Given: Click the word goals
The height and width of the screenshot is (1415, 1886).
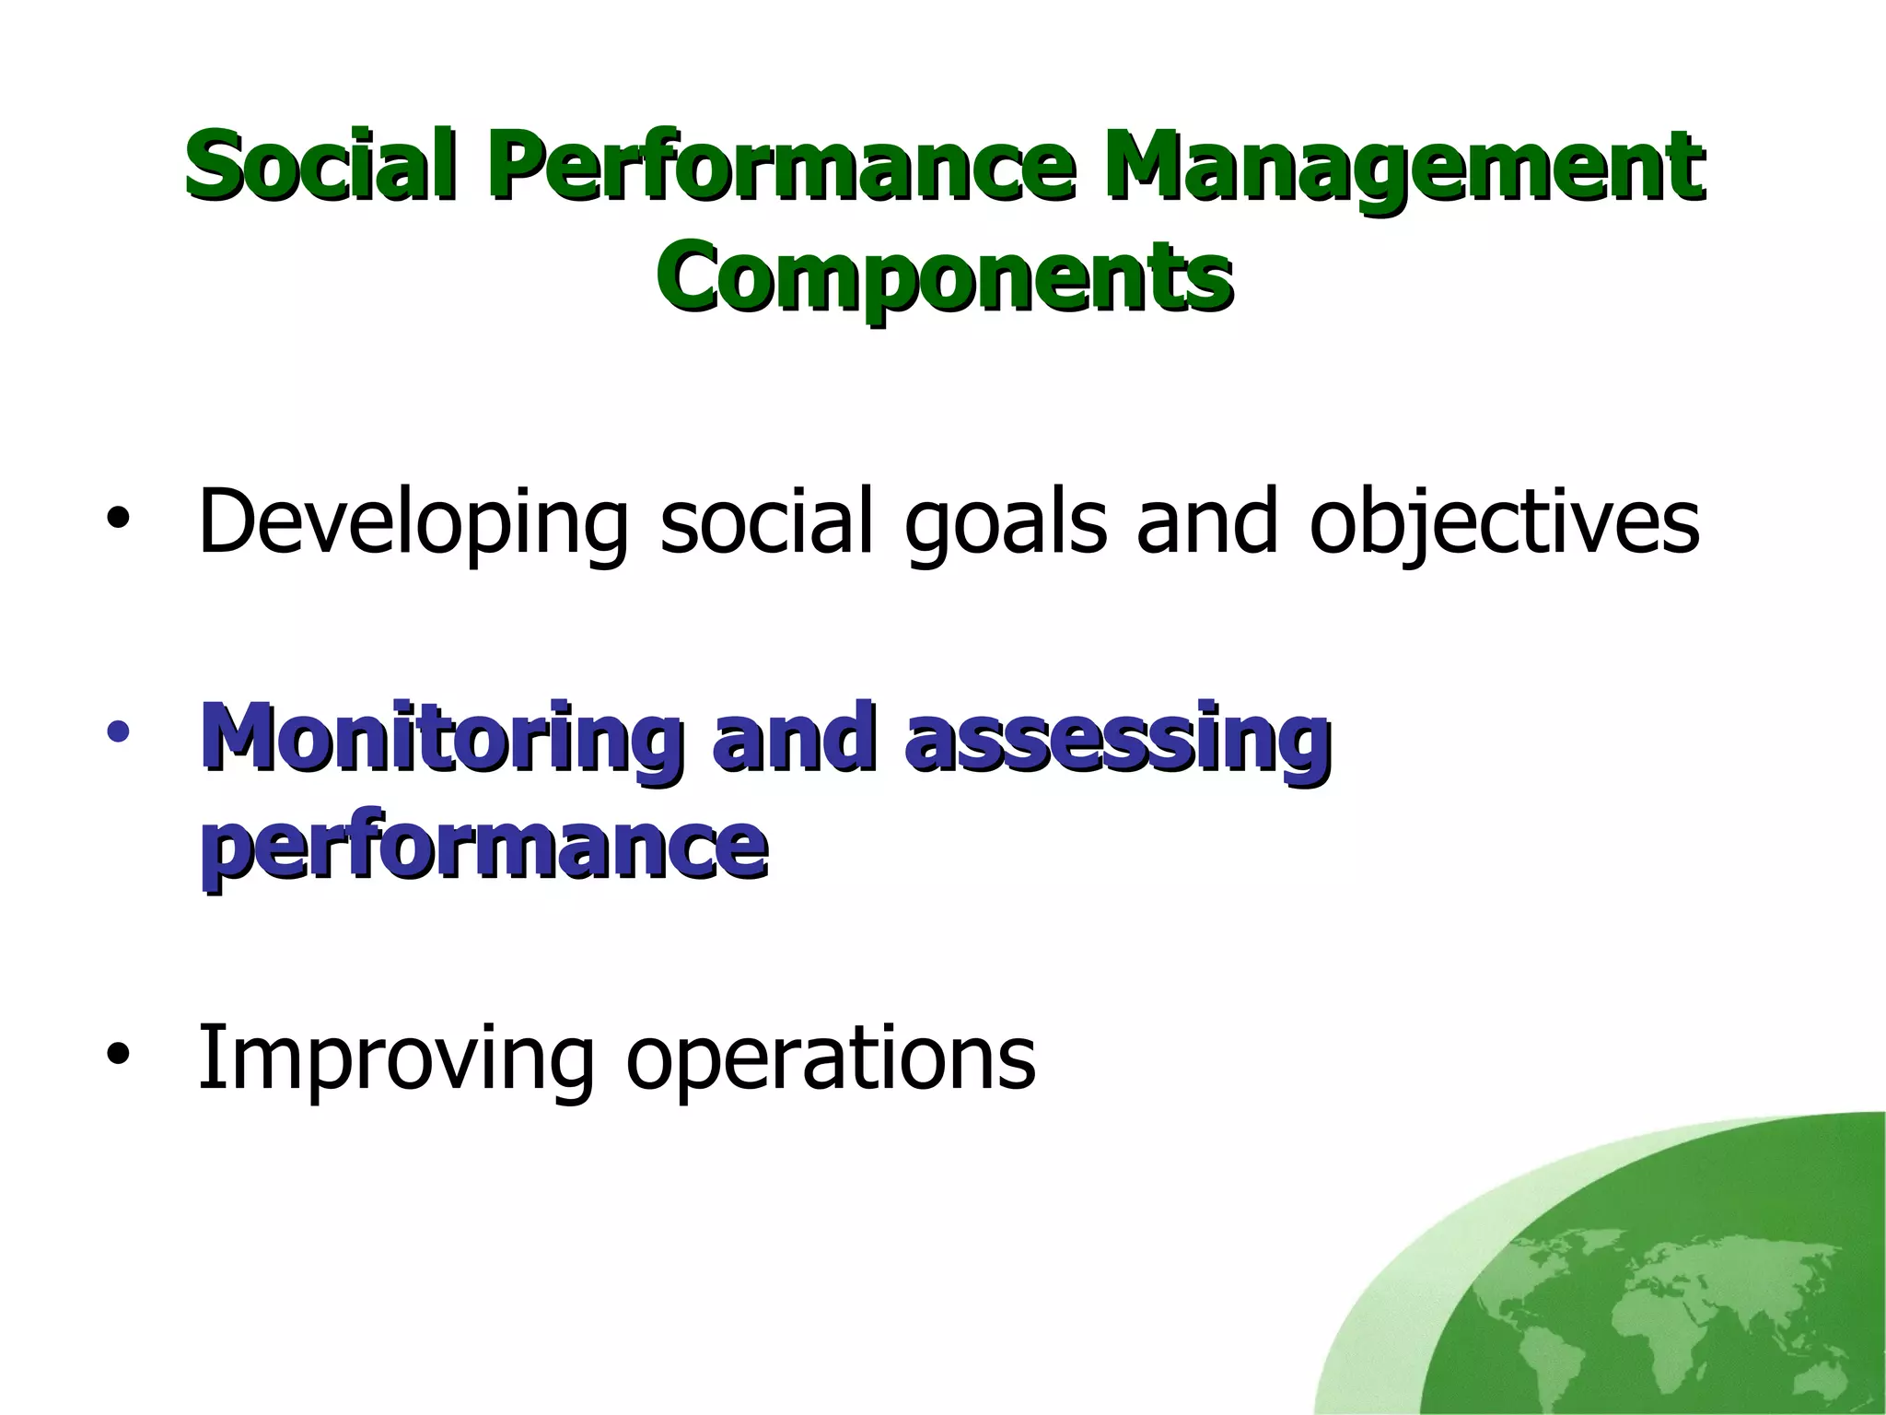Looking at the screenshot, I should [1005, 522].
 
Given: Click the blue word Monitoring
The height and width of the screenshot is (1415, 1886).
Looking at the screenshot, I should [443, 738].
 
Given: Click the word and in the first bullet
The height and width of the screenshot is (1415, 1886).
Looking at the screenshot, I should [1207, 522].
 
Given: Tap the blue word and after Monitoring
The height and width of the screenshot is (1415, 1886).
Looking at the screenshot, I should [793, 738].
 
